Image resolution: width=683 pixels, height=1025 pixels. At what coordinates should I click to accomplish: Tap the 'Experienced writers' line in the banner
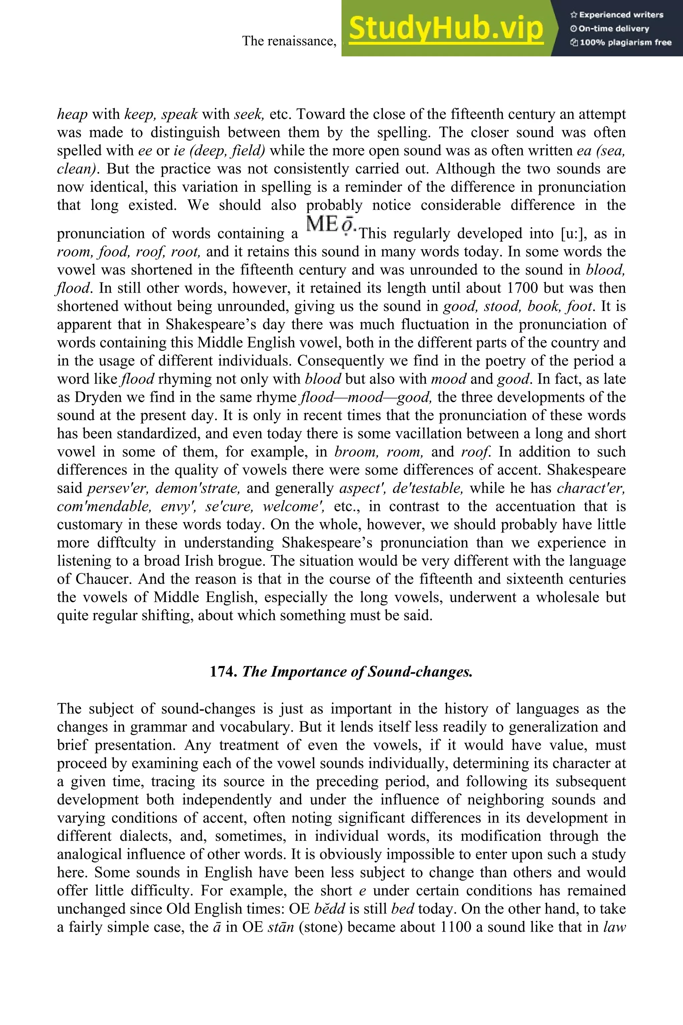click(616, 15)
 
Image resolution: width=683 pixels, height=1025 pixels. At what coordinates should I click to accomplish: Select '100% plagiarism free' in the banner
click(621, 43)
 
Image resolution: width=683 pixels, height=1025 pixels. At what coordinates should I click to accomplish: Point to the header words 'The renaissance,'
click(289, 41)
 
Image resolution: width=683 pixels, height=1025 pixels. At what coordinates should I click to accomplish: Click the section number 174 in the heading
click(223, 672)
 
